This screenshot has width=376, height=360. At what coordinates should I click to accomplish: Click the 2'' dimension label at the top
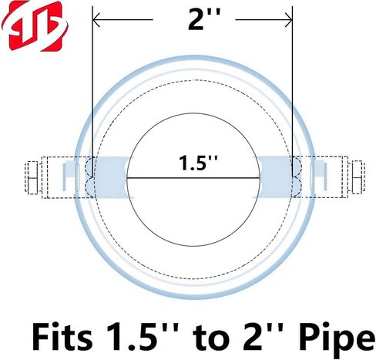[x=204, y=19]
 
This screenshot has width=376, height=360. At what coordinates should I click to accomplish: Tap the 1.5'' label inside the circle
[x=198, y=163]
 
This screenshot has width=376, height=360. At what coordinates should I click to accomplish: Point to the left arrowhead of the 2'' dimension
[x=96, y=20]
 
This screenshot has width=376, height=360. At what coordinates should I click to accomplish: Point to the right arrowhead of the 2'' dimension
[x=288, y=20]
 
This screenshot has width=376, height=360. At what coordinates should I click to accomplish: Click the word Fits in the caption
[x=62, y=337]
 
